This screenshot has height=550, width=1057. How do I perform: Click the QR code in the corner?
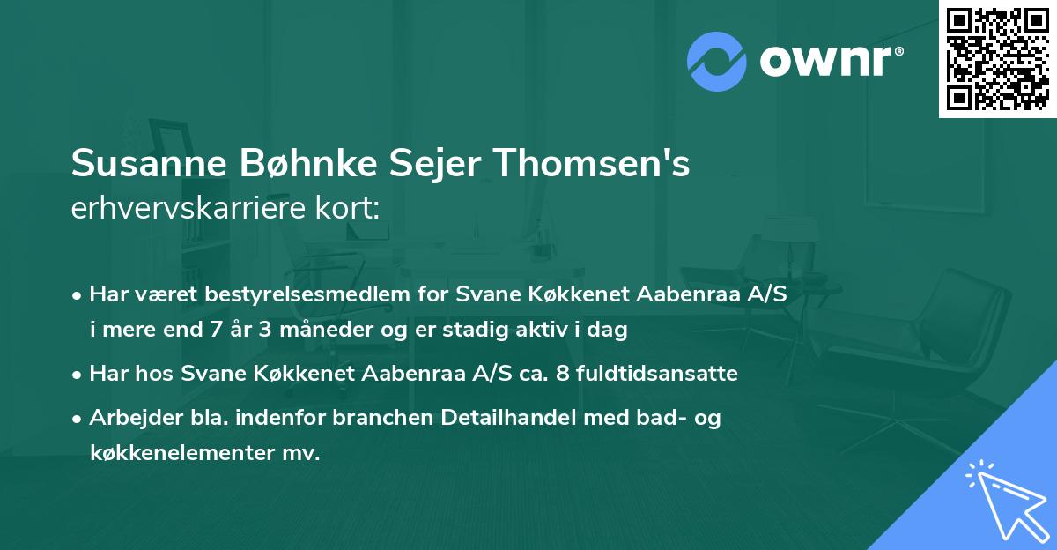pyautogui.click(x=996, y=58)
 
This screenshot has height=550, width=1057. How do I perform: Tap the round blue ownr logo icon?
pyautogui.click(x=716, y=61)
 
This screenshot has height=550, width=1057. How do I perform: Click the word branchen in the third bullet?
pyautogui.click(x=334, y=418)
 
